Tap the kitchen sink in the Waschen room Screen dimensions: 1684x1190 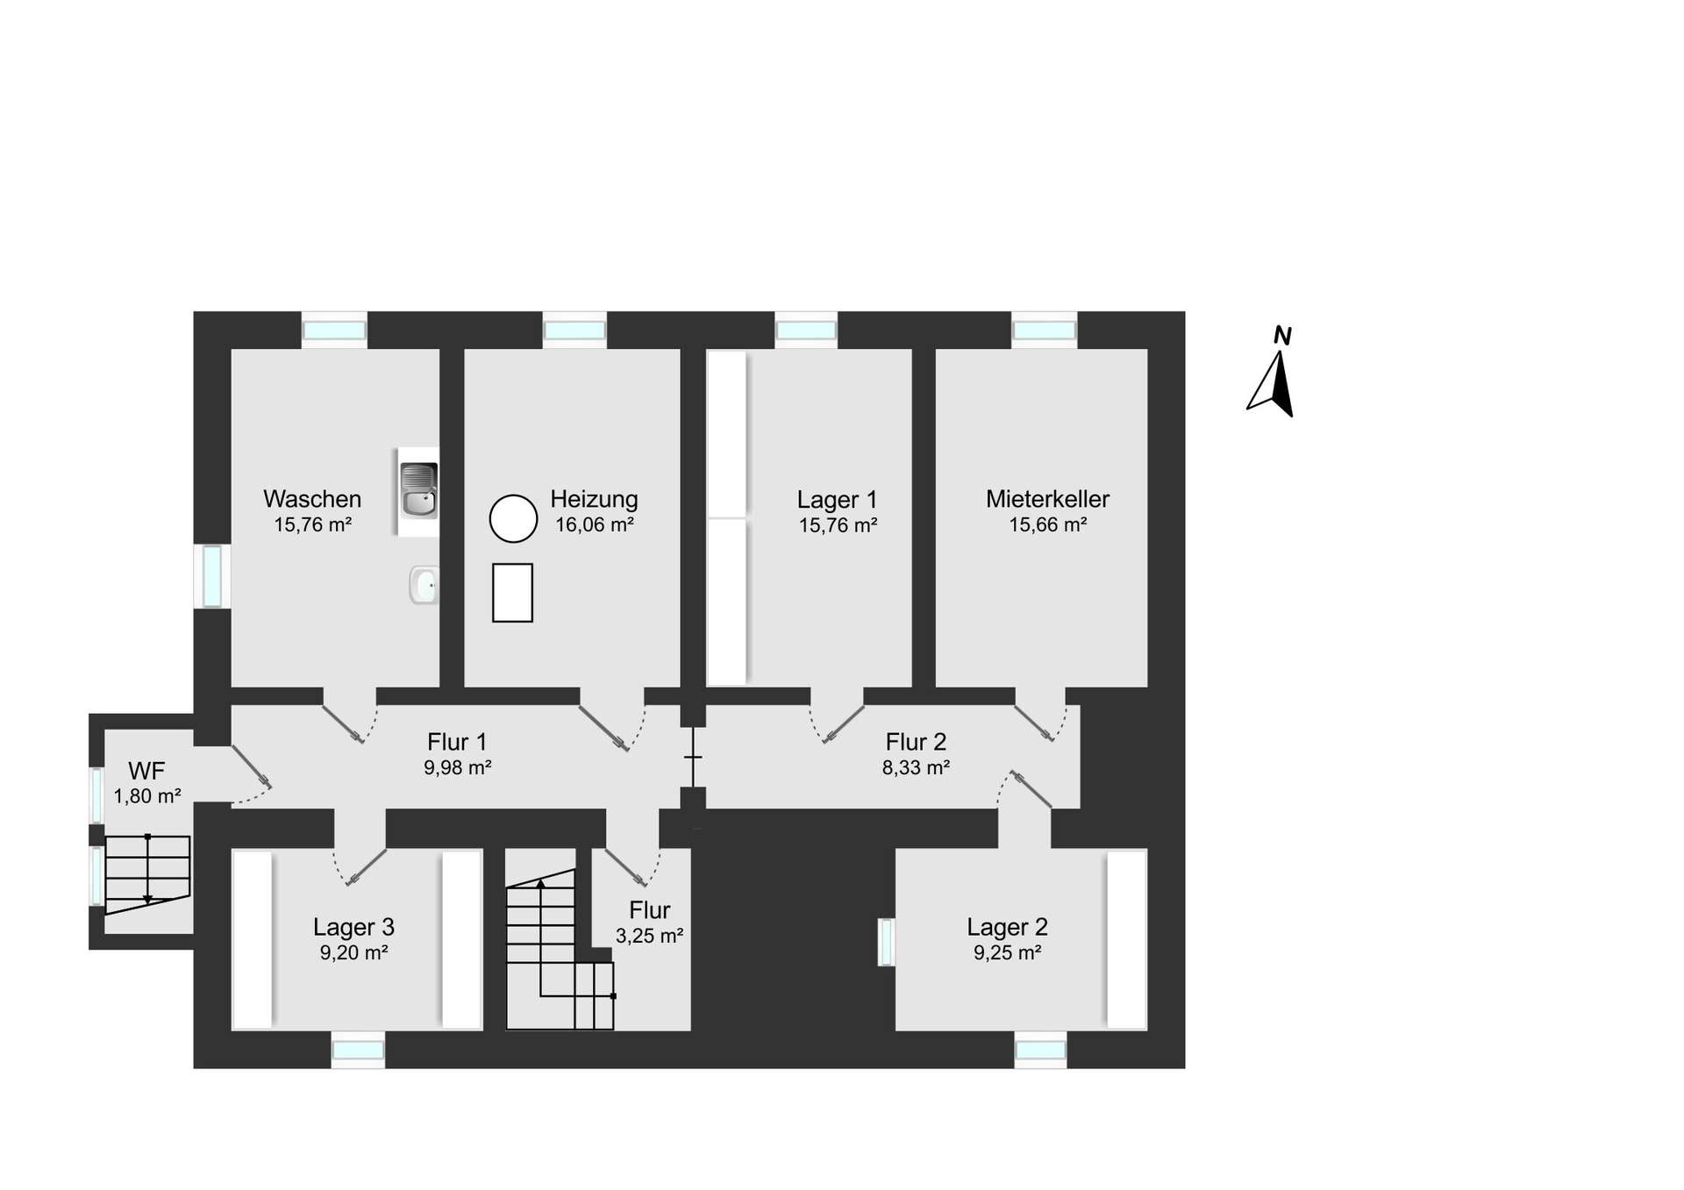click(x=418, y=490)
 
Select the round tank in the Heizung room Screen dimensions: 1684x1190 click(x=513, y=518)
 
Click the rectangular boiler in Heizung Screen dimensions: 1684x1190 click(x=512, y=593)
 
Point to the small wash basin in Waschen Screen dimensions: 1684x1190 click(x=424, y=585)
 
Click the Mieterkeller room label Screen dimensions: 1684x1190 click(x=1047, y=499)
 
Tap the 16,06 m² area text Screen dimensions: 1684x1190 click(x=595, y=524)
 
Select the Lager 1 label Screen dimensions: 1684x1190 click(x=837, y=500)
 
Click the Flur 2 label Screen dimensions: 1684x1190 click(x=916, y=742)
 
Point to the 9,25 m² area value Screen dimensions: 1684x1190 click(x=1007, y=953)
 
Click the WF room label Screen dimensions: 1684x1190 click(x=146, y=771)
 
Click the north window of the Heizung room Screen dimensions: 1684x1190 click(x=574, y=331)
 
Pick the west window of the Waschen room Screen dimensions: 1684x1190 click(x=212, y=576)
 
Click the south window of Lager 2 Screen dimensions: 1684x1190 click(x=1041, y=1050)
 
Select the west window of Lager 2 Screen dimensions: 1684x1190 click(x=886, y=942)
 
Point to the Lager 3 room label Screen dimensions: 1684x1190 click(x=353, y=927)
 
